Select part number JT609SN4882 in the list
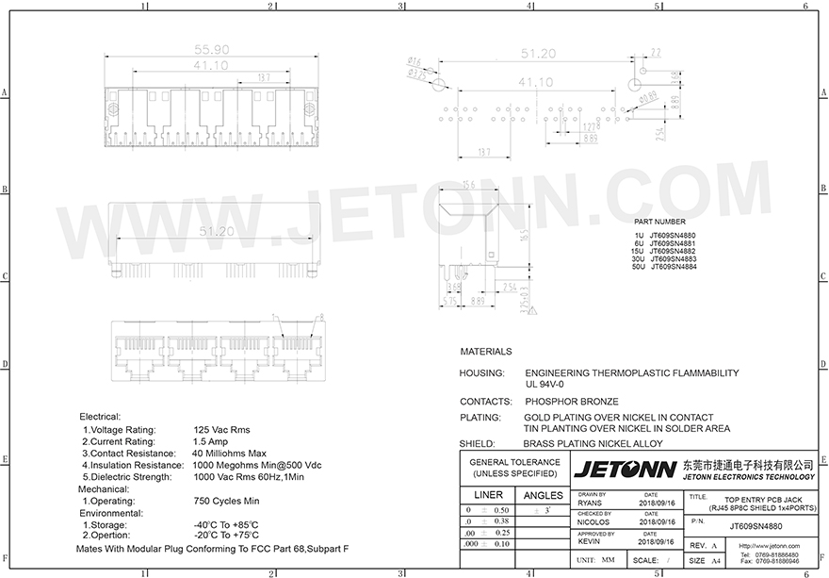pos(671,251)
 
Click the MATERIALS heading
pos(485,352)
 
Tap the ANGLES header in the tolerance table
pos(542,495)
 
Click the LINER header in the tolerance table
pos(488,495)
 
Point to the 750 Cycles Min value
pos(226,501)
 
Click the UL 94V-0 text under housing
pos(545,384)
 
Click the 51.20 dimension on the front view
pos(215,230)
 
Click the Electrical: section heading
pos(100,416)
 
